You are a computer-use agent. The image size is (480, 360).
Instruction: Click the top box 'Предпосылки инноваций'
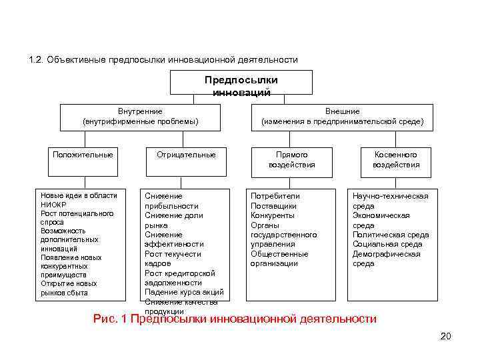point(241,85)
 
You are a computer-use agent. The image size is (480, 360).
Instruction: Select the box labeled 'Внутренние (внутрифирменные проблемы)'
point(140,117)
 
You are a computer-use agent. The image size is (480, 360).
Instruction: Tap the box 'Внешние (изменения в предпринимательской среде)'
point(342,117)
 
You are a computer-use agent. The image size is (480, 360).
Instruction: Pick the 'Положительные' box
point(83,155)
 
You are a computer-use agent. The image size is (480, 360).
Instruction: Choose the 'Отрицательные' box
point(186,155)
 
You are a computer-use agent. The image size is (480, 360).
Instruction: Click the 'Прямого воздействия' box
point(292,159)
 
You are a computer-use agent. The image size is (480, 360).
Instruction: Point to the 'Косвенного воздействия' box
point(396,159)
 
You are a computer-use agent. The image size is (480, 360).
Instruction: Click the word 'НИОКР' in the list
point(55,205)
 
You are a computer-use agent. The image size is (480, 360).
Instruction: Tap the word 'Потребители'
point(275,196)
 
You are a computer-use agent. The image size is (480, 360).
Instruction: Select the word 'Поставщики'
point(273,206)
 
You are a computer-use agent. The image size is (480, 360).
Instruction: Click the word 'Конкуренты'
point(273,215)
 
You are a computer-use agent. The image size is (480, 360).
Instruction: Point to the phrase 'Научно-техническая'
point(390,196)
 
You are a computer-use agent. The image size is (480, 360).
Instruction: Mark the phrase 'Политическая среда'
point(391,235)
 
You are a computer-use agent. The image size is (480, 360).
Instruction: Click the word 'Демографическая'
point(387,254)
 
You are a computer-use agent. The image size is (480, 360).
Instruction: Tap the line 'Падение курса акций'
point(184,293)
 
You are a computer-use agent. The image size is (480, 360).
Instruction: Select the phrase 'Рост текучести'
point(173,254)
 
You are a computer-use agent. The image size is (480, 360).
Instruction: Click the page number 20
point(445,336)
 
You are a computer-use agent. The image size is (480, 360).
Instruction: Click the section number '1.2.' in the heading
point(37,60)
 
